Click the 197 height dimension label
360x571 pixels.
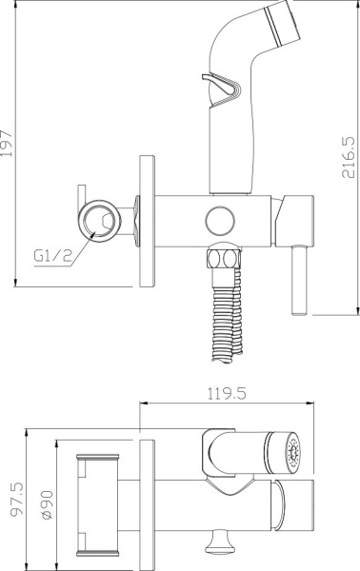click(7, 143)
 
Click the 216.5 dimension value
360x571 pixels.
click(348, 157)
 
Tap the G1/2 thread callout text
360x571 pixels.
click(52, 256)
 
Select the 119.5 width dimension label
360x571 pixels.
click(227, 393)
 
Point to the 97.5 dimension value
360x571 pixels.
click(17, 499)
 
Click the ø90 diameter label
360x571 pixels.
click(47, 504)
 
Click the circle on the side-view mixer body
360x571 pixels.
click(220, 221)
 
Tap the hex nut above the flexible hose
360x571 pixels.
click(224, 259)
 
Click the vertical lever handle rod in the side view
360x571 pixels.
click(299, 280)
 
